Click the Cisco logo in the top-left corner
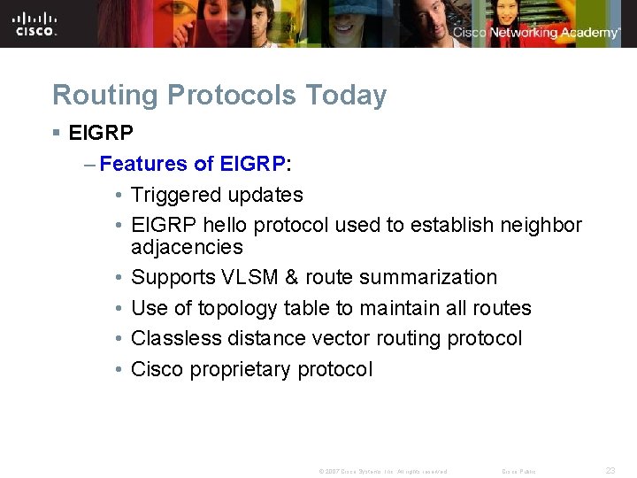pyautogui.click(x=35, y=24)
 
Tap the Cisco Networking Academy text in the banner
pyautogui.click(x=536, y=33)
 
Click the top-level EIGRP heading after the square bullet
pyautogui.click(x=101, y=134)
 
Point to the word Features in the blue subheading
pyautogui.click(x=142, y=164)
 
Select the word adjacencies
pyautogui.click(x=187, y=246)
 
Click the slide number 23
pyautogui.click(x=610, y=471)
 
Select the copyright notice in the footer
pyautogui.click(x=382, y=472)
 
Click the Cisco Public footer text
pyautogui.click(x=518, y=472)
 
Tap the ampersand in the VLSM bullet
pyautogui.click(x=292, y=277)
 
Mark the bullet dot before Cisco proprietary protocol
pyautogui.click(x=118, y=369)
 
